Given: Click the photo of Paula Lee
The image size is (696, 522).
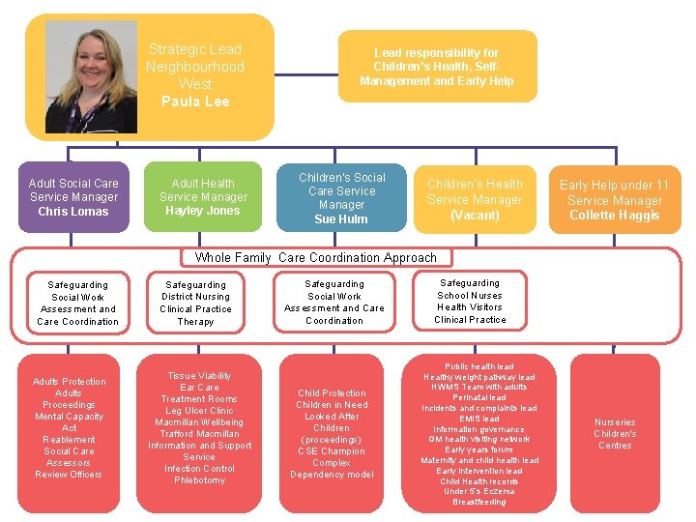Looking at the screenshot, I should [x=91, y=76].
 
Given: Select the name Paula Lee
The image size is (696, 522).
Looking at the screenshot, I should [x=195, y=101].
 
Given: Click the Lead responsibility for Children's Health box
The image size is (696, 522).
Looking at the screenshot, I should [x=436, y=67].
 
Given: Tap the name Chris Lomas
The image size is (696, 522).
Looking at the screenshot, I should [x=73, y=211].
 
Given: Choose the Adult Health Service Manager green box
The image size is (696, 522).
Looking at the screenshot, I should [x=203, y=196].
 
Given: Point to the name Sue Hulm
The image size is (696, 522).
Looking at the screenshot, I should [x=341, y=219].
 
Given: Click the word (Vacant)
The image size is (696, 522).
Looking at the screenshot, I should [x=475, y=215].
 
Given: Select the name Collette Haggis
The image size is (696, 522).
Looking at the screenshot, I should [x=614, y=215].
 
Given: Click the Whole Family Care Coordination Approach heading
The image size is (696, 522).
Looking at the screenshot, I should [x=316, y=257].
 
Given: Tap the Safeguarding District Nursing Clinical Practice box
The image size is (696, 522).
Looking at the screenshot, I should [x=195, y=303].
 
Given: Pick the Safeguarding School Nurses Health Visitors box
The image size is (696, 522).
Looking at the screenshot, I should [x=470, y=302].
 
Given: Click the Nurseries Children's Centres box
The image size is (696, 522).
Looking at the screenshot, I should [x=615, y=434].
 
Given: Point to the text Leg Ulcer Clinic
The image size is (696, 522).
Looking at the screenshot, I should [x=199, y=411].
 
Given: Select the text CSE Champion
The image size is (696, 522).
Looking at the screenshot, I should [x=332, y=451].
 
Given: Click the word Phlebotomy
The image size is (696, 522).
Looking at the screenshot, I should [x=199, y=480].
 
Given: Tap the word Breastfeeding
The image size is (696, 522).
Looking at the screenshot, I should [x=478, y=502].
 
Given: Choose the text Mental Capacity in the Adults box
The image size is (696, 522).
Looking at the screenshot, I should [x=70, y=417].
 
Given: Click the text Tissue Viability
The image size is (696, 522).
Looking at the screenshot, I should [x=199, y=376].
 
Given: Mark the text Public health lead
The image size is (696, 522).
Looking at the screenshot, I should [x=478, y=367].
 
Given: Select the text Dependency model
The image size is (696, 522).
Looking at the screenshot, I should [x=332, y=475].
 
